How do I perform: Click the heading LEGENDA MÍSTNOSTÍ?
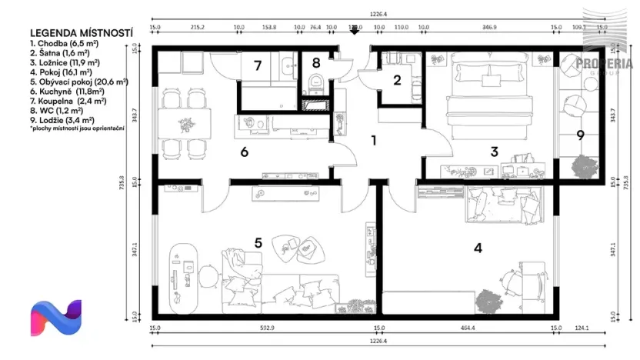[81, 34]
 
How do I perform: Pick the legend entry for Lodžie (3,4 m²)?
[62, 120]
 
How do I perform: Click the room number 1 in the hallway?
[373, 141]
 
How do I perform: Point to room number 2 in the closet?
[397, 79]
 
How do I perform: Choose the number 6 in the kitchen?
[244, 152]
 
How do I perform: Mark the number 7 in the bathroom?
[258, 65]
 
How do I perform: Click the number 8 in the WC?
[315, 63]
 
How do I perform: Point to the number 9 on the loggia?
[580, 135]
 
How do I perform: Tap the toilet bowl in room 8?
[315, 82]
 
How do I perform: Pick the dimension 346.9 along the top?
[489, 27]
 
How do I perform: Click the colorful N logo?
[55, 318]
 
